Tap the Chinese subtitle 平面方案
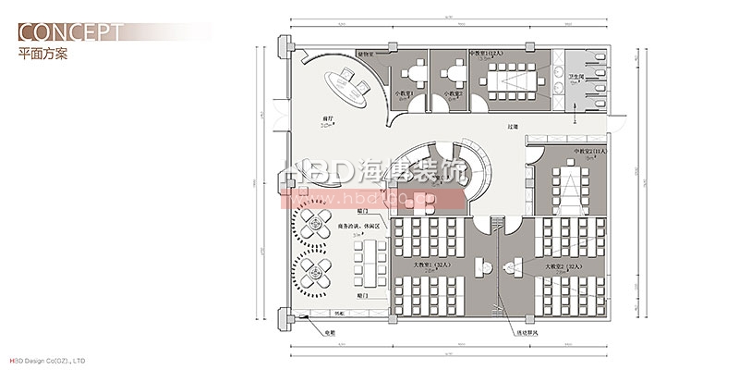[x=42, y=54]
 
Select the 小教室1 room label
[x=406, y=93]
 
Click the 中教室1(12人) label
[x=486, y=55]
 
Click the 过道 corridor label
[x=512, y=125]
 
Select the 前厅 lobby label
[x=327, y=118]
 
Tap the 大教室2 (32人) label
[x=563, y=265]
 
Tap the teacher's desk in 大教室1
[x=480, y=266]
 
